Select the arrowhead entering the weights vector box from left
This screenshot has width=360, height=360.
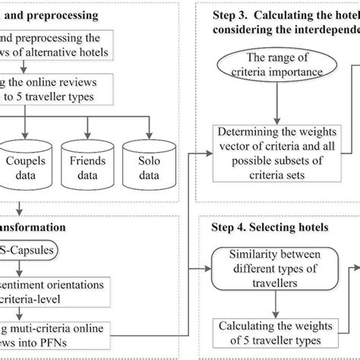(x=210, y=151)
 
